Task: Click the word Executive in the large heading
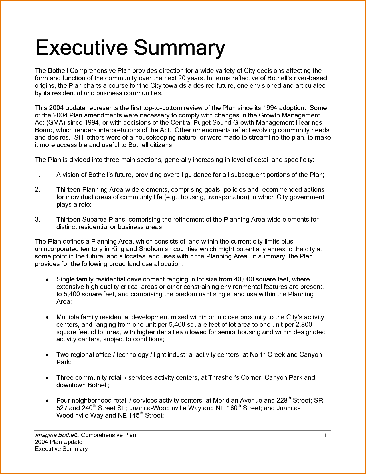pyautogui.click(x=81, y=48)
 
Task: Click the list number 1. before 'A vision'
pyautogui.click(x=37, y=175)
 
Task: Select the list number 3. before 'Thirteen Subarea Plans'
pyautogui.click(x=37, y=220)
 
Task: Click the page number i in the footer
pyautogui.click(x=325, y=435)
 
